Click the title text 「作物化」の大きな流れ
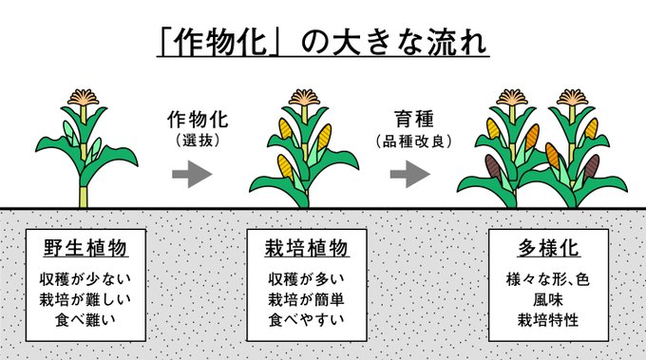[x=323, y=42]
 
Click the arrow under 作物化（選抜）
[x=192, y=174]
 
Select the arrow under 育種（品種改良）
[x=410, y=174]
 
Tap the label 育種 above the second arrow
[x=414, y=119]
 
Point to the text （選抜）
[x=198, y=141]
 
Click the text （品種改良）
[x=414, y=142]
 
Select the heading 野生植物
[x=85, y=248]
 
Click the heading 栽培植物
[x=307, y=248]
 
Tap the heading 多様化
[x=548, y=248]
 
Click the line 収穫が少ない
[x=85, y=279]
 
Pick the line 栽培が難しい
[x=85, y=299]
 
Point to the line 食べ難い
[x=85, y=320]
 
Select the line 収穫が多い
[x=307, y=279]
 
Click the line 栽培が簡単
[x=307, y=299]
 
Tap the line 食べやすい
[x=307, y=320]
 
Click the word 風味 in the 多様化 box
[x=548, y=299]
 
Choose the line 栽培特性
[x=548, y=320]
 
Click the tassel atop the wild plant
[x=84, y=98]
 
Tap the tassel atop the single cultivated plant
[x=304, y=98]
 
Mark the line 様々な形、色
[x=548, y=279]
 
